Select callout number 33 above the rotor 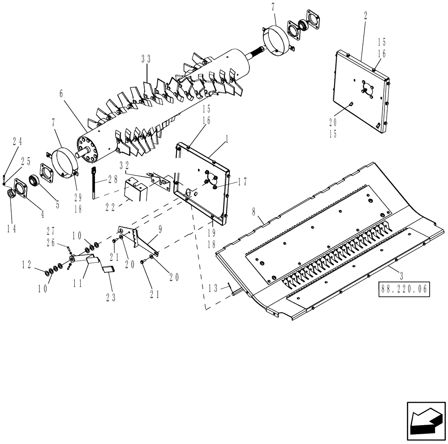click(x=146, y=60)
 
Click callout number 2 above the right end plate click(x=366, y=15)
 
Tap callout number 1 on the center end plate click(x=227, y=140)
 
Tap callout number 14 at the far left click(x=12, y=228)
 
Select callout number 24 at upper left click(x=17, y=141)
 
